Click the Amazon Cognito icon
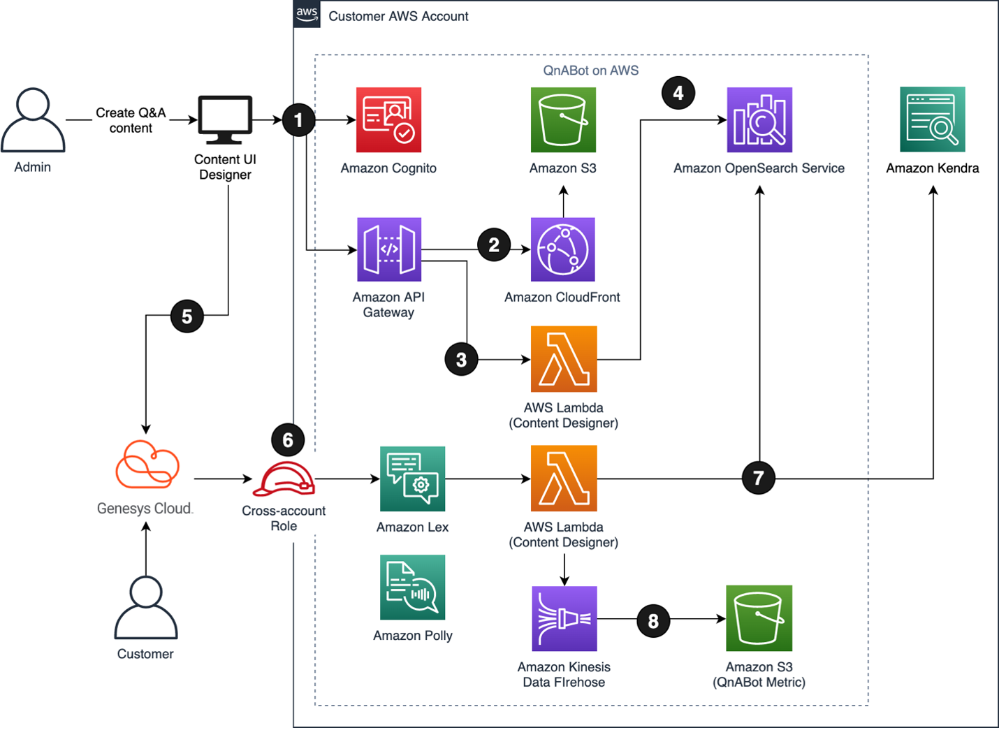pos(388,119)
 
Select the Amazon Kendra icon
pos(933,119)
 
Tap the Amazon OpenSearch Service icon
pos(759,119)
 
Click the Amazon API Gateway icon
pos(389,249)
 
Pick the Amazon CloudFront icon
pos(563,249)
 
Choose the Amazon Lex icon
pos(413,479)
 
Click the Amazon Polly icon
pos(413,587)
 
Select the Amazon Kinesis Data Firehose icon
pos(564,618)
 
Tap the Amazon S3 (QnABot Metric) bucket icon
pos(759,618)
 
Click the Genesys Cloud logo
pos(147,464)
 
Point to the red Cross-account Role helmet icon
pos(284,479)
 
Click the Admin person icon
pos(33,119)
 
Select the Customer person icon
pos(146,607)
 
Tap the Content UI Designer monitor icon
pos(225,119)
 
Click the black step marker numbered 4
pos(678,93)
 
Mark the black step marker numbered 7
pos(758,478)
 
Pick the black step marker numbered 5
pos(187,316)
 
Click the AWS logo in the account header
pos(307,14)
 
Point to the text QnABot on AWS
pos(590,70)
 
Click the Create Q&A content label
pos(131,120)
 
